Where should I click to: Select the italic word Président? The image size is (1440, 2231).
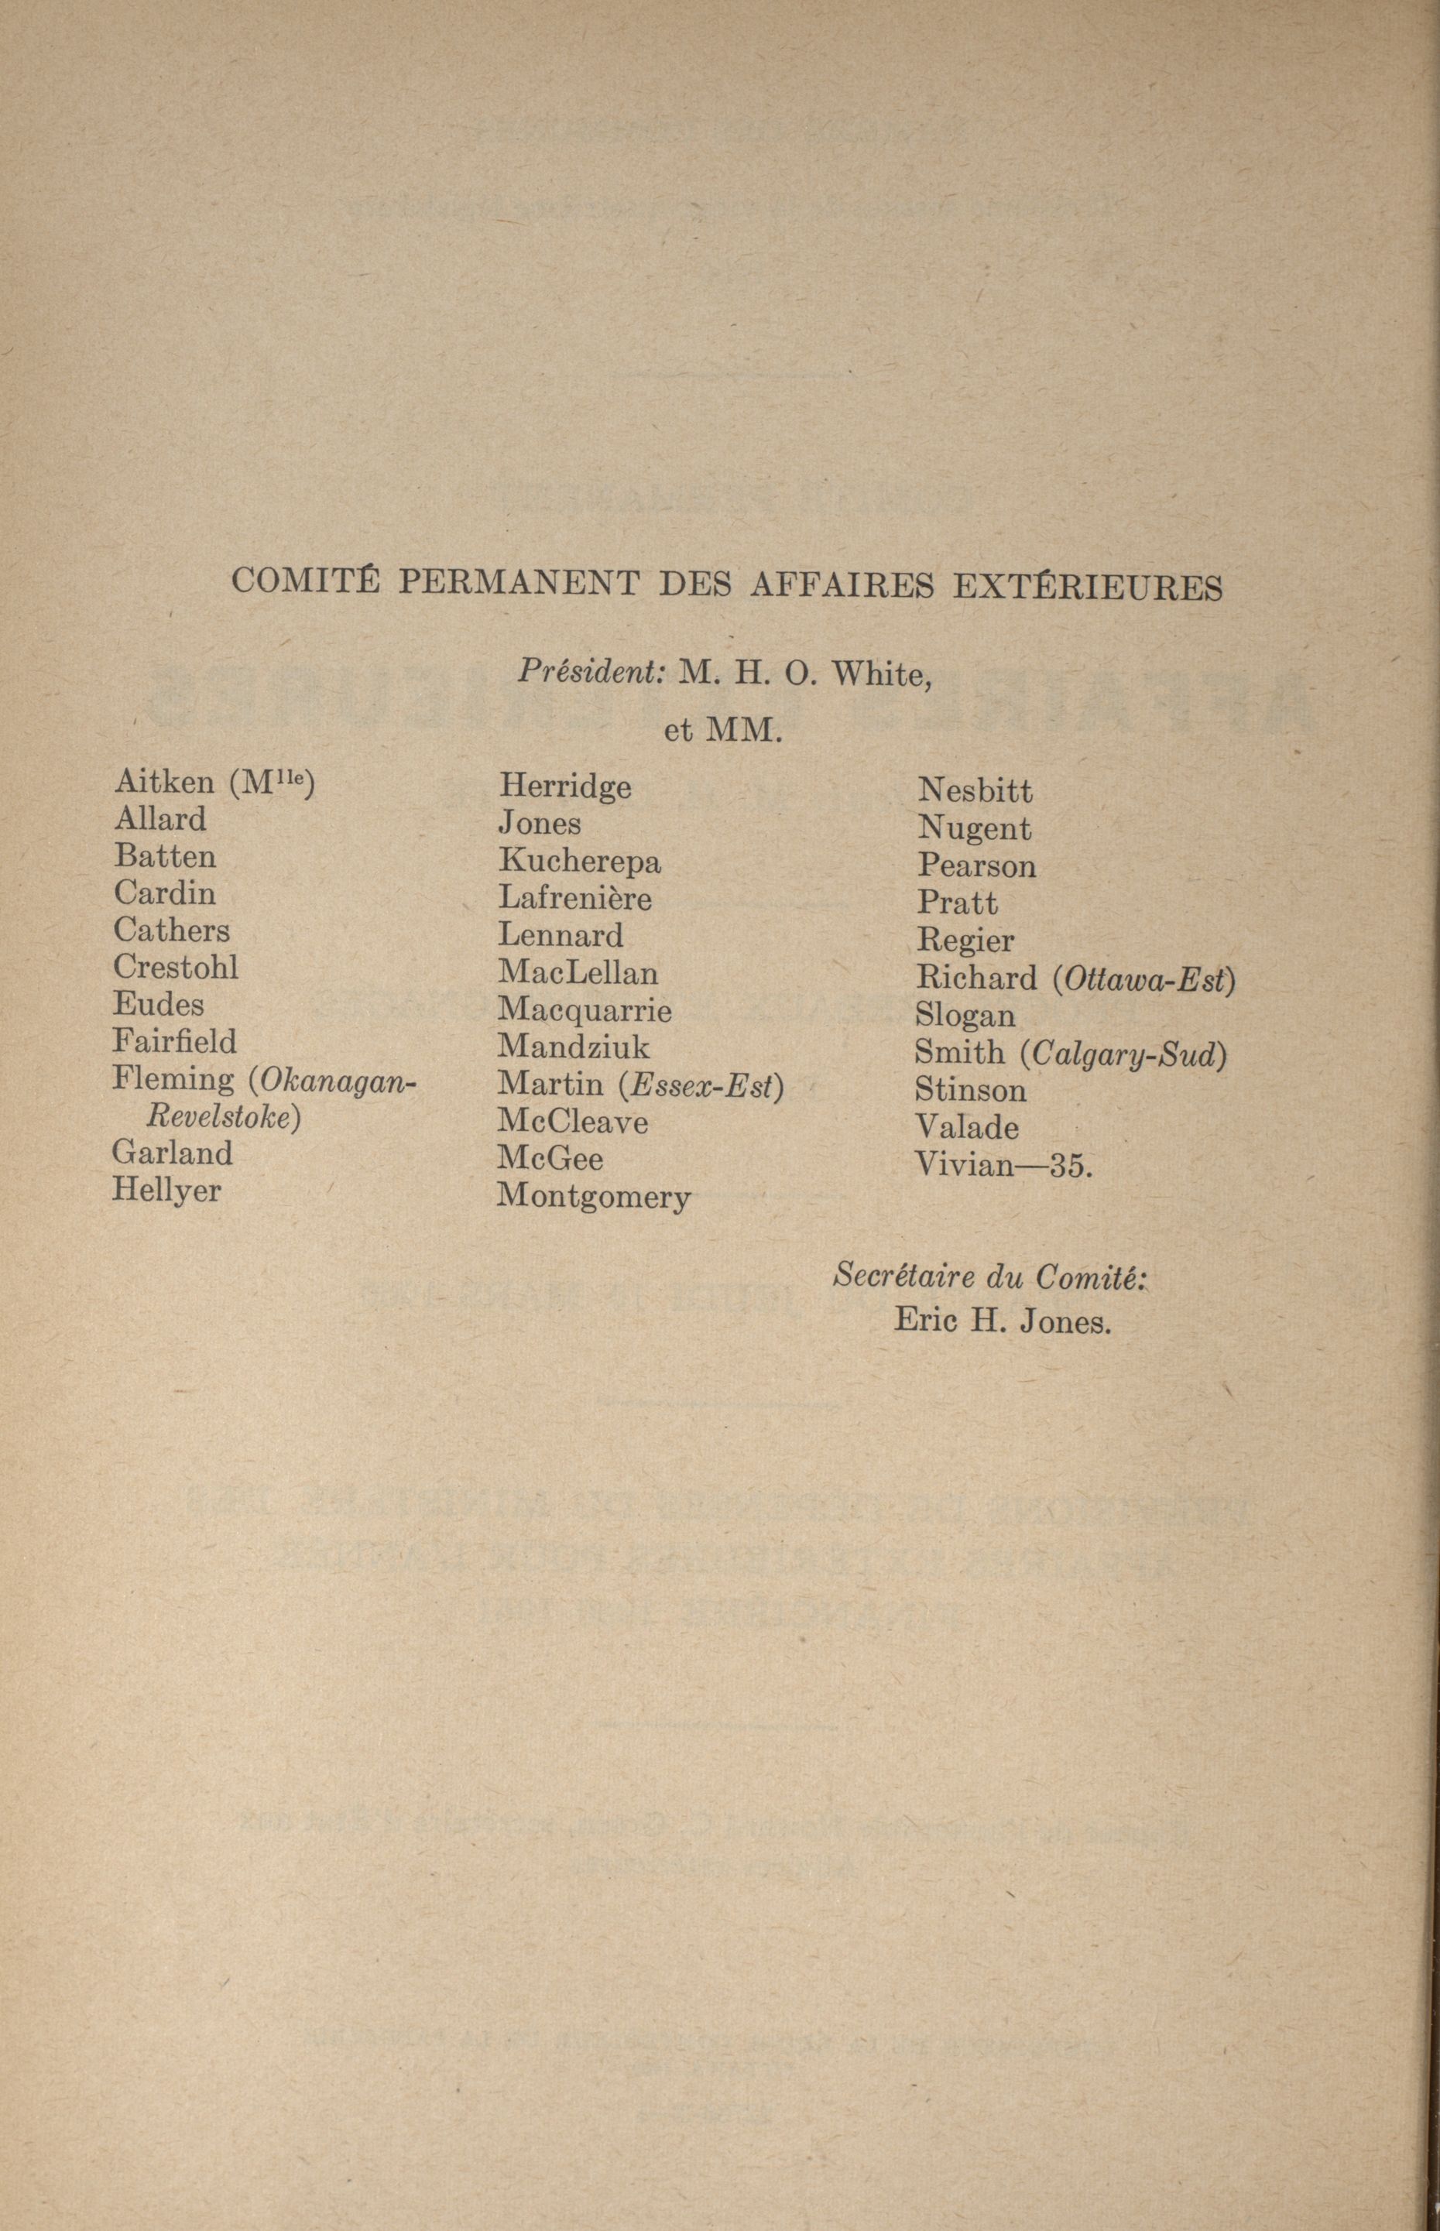591,670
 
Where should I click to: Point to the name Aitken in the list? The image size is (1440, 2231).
163,782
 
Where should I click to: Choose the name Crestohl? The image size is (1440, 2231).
176,967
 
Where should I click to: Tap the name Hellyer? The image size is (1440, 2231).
166,1191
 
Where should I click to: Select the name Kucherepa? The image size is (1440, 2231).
579,861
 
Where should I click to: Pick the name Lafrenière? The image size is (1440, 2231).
574,899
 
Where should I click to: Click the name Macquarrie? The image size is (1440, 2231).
585,1010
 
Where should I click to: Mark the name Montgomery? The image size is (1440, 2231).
594,1197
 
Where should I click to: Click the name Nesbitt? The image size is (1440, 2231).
975,791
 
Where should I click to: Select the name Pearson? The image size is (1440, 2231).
976,865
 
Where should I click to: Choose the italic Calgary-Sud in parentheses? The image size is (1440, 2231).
1123,1054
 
